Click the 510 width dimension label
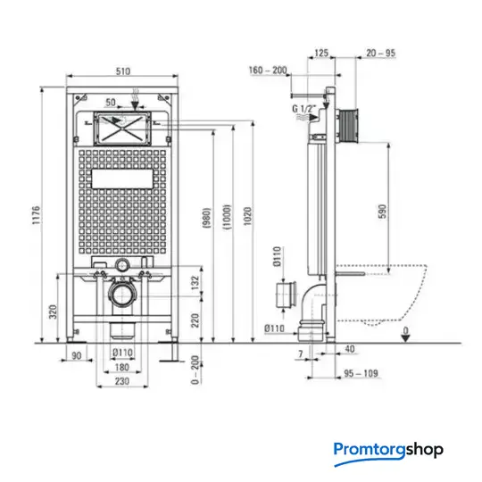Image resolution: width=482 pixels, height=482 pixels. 123,71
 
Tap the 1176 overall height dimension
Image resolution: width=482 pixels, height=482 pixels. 37,215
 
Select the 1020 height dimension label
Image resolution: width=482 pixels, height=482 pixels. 248,216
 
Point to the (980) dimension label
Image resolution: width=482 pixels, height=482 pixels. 207,218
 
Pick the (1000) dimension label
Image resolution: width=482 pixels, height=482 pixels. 227,217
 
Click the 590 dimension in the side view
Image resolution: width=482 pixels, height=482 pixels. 382,212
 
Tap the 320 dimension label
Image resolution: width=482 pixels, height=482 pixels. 54,312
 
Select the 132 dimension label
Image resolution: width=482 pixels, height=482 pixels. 195,283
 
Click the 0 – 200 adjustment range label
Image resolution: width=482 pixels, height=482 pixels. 195,370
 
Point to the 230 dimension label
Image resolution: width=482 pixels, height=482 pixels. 122,381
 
